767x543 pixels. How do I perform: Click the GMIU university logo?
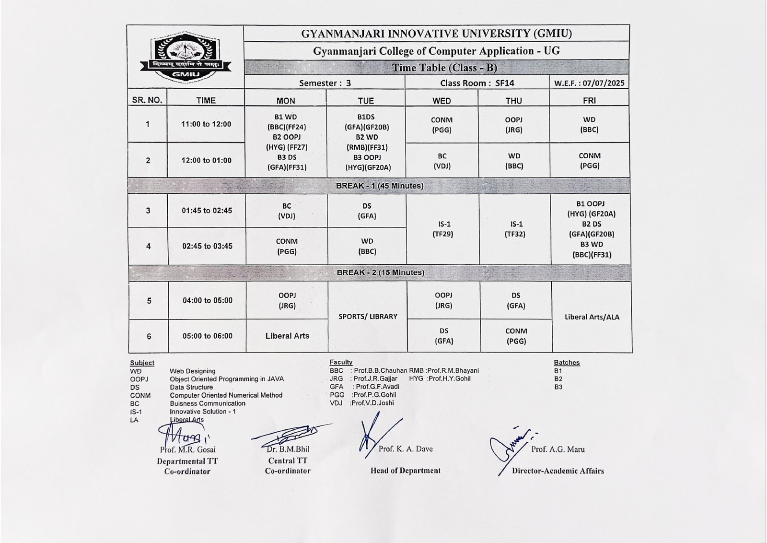point(186,56)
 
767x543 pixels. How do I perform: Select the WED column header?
point(441,101)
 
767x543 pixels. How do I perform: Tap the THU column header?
point(513,101)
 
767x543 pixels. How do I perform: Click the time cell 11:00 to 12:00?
point(206,124)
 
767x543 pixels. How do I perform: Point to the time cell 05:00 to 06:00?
point(207,336)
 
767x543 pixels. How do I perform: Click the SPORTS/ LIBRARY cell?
point(368,317)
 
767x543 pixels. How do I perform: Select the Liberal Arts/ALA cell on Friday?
point(592,317)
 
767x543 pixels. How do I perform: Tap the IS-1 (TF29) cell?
point(442,229)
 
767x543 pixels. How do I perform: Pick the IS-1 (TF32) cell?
point(515,229)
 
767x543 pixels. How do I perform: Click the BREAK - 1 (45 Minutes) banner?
point(380,186)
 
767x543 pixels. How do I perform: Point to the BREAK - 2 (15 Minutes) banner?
point(380,272)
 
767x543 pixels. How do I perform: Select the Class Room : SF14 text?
point(477,83)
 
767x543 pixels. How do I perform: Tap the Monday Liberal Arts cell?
point(287,336)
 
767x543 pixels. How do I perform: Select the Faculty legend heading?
point(341,362)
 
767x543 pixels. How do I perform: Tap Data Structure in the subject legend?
point(191,387)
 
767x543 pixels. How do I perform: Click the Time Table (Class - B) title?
point(444,68)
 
